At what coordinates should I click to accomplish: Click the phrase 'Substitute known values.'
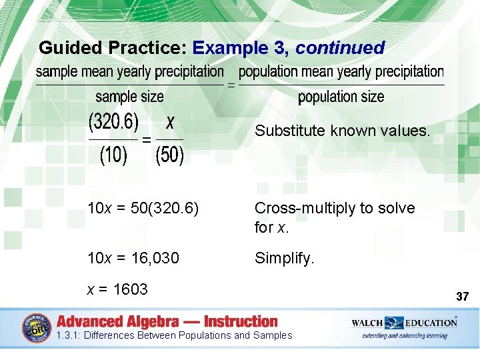(x=343, y=131)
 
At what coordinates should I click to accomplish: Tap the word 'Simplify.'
(x=284, y=258)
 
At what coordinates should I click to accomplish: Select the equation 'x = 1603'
(x=117, y=289)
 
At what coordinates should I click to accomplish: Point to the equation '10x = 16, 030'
(x=133, y=258)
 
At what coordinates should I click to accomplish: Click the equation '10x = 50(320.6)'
(x=143, y=209)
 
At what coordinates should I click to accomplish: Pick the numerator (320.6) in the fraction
(x=113, y=123)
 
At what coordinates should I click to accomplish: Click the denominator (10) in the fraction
(x=113, y=156)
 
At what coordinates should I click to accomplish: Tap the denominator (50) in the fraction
(x=169, y=156)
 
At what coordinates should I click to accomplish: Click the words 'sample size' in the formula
(x=129, y=97)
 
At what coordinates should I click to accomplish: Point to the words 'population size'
(x=341, y=97)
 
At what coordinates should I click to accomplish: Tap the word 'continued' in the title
(x=340, y=48)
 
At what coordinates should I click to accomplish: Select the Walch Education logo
(x=404, y=323)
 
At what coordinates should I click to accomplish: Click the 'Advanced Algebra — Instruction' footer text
(x=167, y=321)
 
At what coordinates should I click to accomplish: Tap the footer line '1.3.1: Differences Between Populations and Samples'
(x=175, y=335)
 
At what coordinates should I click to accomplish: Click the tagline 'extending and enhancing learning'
(x=405, y=335)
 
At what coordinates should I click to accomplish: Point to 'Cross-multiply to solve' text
(x=335, y=209)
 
